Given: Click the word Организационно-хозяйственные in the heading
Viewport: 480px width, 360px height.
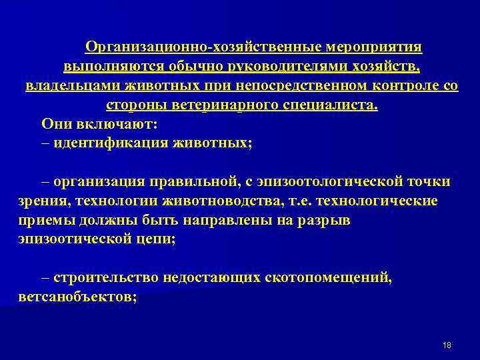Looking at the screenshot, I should pyautogui.click(x=204, y=47).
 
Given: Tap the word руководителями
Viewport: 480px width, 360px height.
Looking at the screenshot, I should pyautogui.click(x=283, y=67).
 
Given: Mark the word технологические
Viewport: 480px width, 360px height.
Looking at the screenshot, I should pyautogui.click(x=378, y=201).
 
